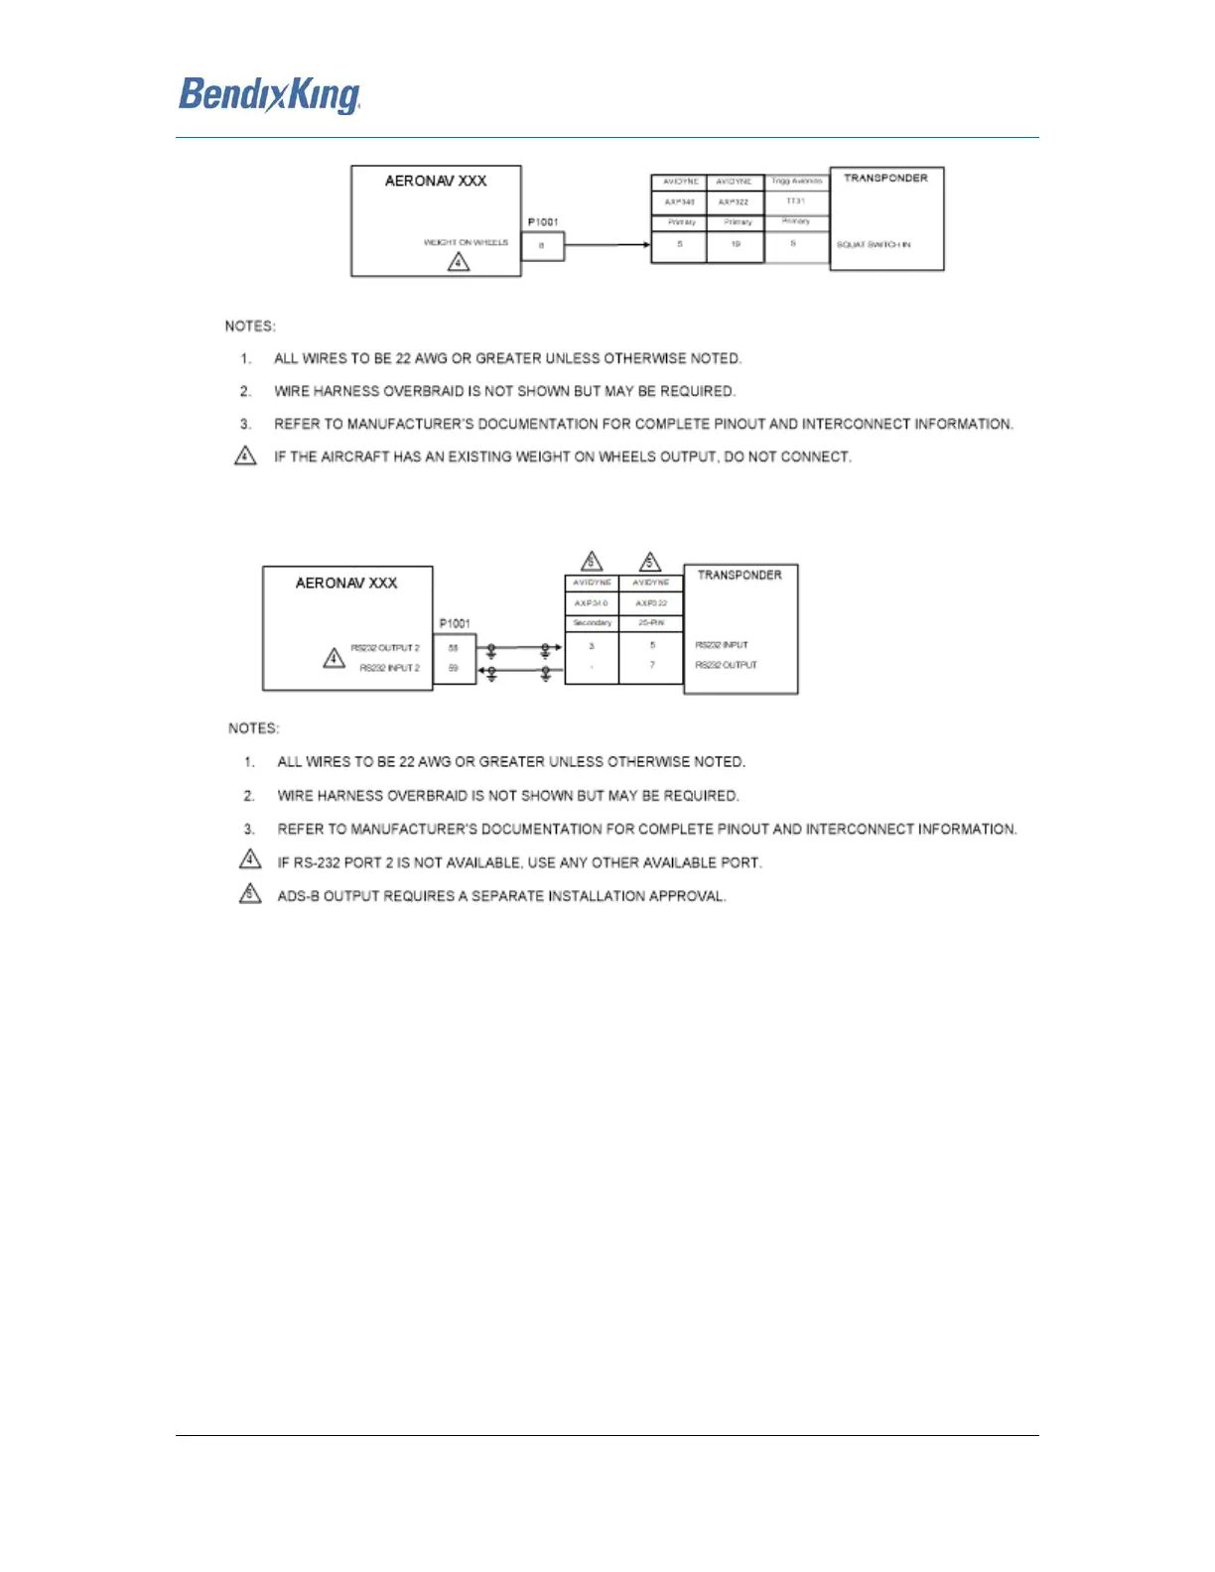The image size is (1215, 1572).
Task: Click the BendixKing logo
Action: point(269,95)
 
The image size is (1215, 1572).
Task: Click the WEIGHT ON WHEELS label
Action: point(466,242)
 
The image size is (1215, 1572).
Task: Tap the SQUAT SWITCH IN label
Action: point(874,244)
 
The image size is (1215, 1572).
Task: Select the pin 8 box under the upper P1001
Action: point(542,245)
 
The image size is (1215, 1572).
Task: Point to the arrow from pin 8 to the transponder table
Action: point(607,245)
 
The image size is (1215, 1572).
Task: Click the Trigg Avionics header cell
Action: point(796,182)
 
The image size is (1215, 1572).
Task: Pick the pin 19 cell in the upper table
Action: point(736,244)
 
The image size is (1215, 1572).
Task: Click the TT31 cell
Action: point(796,201)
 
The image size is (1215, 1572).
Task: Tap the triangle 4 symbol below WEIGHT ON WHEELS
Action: point(459,262)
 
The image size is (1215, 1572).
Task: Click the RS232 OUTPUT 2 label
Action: point(385,648)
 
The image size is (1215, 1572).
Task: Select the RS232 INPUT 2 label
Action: point(389,668)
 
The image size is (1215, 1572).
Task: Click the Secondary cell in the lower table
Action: point(592,623)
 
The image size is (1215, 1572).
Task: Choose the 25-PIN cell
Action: point(651,623)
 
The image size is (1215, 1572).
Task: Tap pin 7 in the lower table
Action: point(652,665)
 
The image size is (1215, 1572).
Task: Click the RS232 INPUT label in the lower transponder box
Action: point(722,645)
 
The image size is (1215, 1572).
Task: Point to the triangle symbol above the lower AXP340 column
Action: point(592,562)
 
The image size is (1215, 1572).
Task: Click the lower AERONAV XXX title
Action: point(346,584)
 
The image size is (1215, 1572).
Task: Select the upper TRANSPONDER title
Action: point(885,179)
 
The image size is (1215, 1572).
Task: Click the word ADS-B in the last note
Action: point(298,896)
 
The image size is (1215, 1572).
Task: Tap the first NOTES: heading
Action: point(250,327)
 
